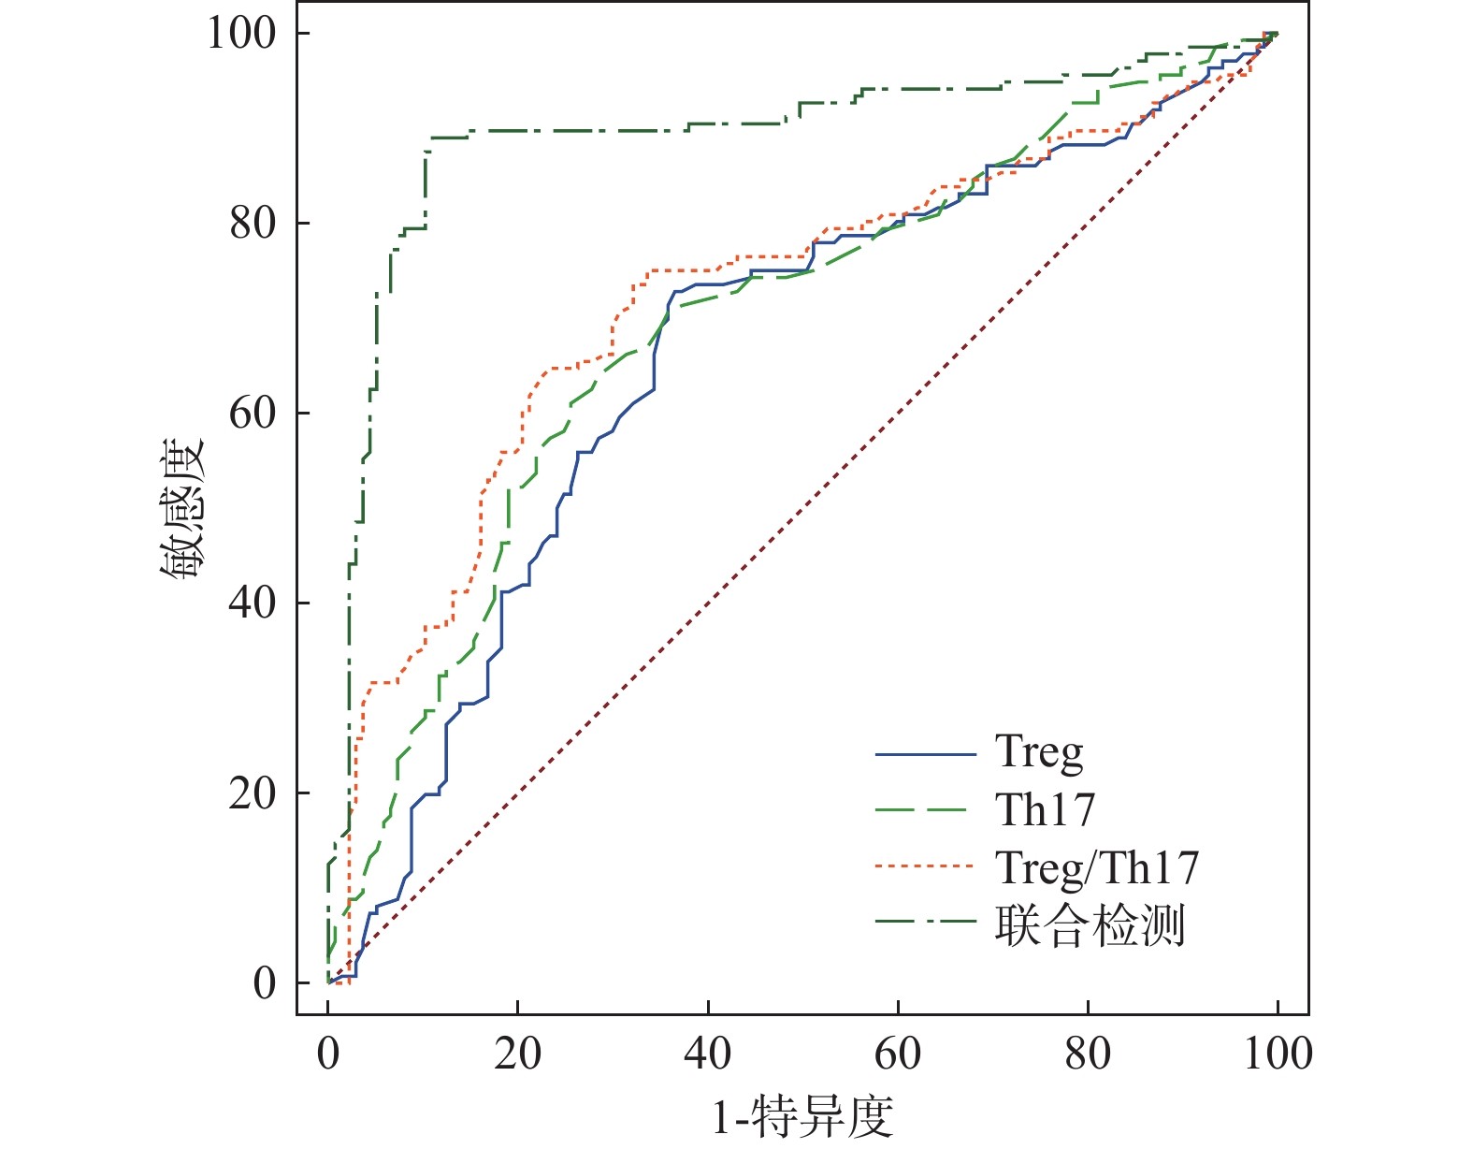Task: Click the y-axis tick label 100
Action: pyautogui.click(x=241, y=34)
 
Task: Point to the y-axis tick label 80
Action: pyautogui.click(x=253, y=224)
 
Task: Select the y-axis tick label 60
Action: pyautogui.click(x=253, y=414)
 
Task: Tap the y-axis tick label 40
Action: pyautogui.click(x=253, y=604)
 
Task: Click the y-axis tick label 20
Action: pyautogui.click(x=253, y=793)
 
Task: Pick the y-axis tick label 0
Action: pyautogui.click(x=265, y=983)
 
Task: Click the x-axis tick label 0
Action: pyautogui.click(x=328, y=1054)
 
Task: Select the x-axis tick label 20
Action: pyautogui.click(x=517, y=1054)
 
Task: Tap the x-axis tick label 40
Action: pyautogui.click(x=708, y=1054)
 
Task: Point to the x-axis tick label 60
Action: pyautogui.click(x=898, y=1054)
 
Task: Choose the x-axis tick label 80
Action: pyautogui.click(x=1088, y=1054)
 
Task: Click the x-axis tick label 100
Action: pyautogui.click(x=1278, y=1054)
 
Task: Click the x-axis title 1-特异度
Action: pyautogui.click(x=802, y=1116)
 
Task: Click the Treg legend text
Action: pyautogui.click(x=1039, y=752)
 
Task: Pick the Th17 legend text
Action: pyautogui.click(x=1045, y=809)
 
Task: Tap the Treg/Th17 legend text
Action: pyautogui.click(x=1096, y=868)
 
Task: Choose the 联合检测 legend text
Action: pyautogui.click(x=1090, y=925)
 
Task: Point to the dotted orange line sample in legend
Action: pyautogui.click(x=925, y=867)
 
